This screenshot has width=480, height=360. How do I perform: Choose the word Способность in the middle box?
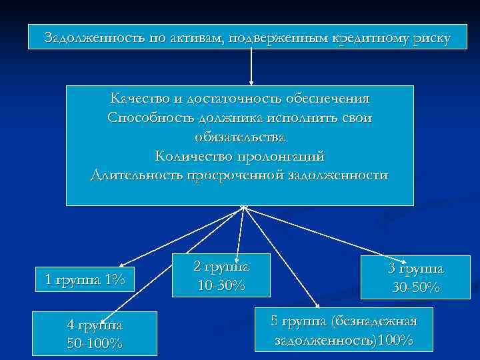click(x=147, y=118)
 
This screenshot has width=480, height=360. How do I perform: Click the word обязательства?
click(x=240, y=137)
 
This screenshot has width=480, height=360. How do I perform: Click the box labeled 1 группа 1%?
click(x=85, y=279)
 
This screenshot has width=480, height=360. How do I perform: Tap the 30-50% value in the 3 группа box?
click(x=415, y=287)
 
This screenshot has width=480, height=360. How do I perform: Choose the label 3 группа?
click(x=415, y=269)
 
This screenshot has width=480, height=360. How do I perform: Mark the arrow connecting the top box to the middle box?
click(x=251, y=67)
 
